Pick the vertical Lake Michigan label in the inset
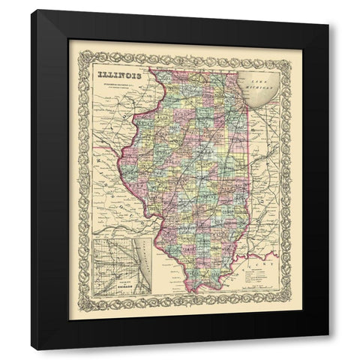[139, 259]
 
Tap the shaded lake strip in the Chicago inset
[142, 262]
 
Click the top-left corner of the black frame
[33, 10]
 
